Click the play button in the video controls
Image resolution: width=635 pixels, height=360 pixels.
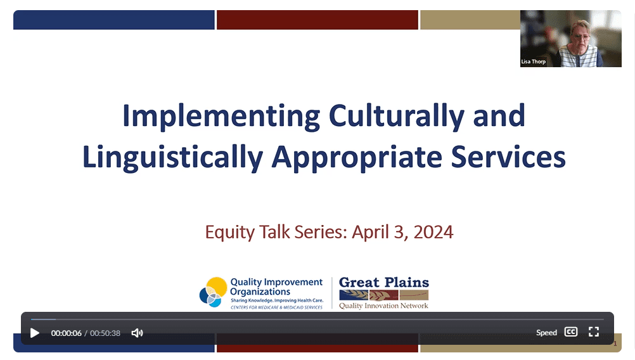35,333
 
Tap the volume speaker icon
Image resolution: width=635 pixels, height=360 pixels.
138,333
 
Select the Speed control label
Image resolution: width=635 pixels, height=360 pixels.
546,333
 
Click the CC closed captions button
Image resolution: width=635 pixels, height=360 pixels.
570,332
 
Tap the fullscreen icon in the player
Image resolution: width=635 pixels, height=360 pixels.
594,332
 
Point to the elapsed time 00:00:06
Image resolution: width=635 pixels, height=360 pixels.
66,333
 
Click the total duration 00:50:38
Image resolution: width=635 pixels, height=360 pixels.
105,333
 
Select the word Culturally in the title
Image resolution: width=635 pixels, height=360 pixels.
397,117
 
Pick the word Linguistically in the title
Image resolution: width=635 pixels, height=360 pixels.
173,158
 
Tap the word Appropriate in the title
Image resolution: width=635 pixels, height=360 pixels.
357,158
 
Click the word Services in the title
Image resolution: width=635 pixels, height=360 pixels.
508,157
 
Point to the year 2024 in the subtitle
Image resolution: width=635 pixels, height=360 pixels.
433,232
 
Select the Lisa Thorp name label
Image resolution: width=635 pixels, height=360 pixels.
534,61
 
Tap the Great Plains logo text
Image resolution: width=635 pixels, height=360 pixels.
384,282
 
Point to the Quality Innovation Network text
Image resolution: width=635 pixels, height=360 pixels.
383,305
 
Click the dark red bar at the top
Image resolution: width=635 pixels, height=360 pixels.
317,20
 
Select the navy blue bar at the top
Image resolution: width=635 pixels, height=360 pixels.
114,20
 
